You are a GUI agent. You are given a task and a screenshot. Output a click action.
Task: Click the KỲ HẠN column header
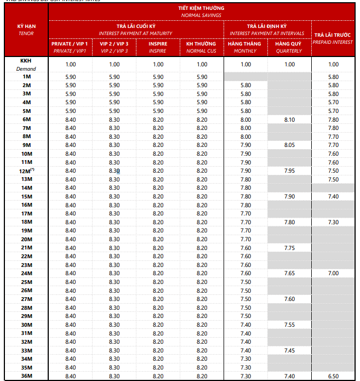(x=26, y=30)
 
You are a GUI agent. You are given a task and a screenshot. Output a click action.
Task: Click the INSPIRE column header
(x=158, y=47)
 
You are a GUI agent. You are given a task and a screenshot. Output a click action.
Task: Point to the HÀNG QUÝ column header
(x=289, y=47)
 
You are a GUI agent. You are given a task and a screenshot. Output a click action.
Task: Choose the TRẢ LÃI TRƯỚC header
(x=333, y=38)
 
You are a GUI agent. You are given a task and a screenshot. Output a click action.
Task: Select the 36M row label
(x=26, y=376)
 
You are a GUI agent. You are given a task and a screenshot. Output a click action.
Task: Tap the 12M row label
(x=26, y=170)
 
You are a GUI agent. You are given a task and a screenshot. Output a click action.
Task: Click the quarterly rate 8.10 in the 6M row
(x=289, y=120)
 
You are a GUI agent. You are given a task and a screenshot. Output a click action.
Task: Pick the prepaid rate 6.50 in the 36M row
(x=333, y=376)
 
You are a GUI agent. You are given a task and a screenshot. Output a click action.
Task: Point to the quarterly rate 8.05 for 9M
(x=289, y=145)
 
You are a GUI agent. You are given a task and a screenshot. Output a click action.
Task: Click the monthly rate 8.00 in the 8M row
(x=245, y=137)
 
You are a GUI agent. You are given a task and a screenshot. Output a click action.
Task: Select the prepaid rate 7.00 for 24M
(x=333, y=273)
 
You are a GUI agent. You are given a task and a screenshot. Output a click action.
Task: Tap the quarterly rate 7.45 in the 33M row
(x=289, y=350)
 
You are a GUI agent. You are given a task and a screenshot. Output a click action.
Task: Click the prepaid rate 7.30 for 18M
(x=333, y=222)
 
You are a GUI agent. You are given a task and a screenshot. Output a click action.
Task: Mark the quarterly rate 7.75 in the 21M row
(x=289, y=248)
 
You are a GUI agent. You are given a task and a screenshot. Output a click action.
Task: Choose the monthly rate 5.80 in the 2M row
(x=245, y=86)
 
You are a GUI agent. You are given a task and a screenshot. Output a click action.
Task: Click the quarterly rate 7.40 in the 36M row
(x=289, y=376)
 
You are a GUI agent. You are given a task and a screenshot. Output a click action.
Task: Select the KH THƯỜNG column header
(x=202, y=47)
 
